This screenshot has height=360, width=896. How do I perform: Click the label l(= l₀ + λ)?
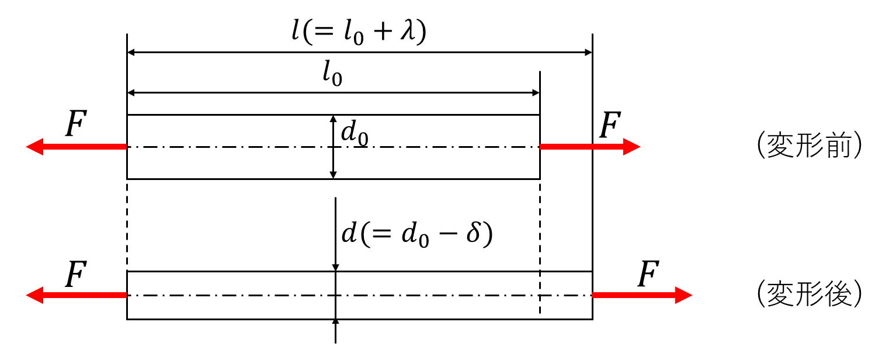[x=359, y=31]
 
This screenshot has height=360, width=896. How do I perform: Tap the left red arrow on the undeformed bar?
[x=77, y=147]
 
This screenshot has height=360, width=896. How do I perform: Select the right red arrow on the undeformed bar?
[x=590, y=147]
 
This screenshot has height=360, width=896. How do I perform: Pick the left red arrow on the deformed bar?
[x=77, y=295]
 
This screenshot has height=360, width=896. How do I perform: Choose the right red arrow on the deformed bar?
[x=642, y=295]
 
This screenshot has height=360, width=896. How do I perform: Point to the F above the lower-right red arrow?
[x=647, y=275]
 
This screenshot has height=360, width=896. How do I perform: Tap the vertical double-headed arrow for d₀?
[x=334, y=147]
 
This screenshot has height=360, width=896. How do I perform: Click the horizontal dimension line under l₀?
[x=334, y=92]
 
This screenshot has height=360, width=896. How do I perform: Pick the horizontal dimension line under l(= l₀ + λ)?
[x=359, y=53]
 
